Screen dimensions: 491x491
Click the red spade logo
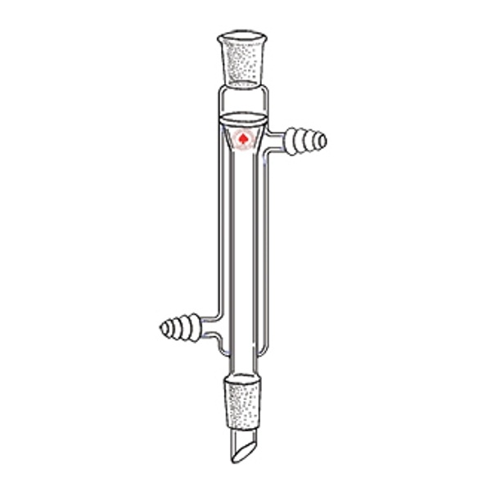(x=244, y=141)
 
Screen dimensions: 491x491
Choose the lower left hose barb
(x=181, y=329)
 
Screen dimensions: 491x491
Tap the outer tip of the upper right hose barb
(x=326, y=141)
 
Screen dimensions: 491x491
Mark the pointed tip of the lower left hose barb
(x=162, y=329)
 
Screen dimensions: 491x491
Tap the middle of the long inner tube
(x=244, y=245)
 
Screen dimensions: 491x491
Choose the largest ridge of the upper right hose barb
(x=294, y=141)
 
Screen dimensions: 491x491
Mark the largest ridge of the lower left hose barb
(x=193, y=329)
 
